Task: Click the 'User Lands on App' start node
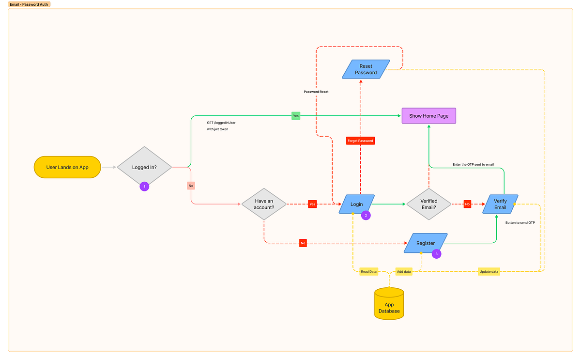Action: click(67, 167)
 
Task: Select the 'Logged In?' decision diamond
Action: click(144, 167)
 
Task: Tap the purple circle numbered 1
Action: click(144, 187)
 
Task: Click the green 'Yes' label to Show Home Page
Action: click(295, 116)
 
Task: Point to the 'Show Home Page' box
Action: click(428, 116)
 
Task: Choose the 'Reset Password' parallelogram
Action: click(366, 69)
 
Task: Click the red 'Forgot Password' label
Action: click(360, 141)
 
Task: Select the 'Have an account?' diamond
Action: click(264, 204)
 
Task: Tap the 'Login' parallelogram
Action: click(357, 204)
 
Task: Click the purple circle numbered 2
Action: click(366, 215)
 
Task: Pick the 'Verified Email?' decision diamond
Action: click(428, 204)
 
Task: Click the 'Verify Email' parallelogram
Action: click(500, 204)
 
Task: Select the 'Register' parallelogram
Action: click(426, 243)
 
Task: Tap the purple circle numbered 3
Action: click(436, 253)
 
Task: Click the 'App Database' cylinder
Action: click(389, 304)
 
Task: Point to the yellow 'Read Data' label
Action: click(368, 272)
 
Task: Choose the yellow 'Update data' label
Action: click(489, 272)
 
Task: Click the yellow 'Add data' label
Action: click(403, 272)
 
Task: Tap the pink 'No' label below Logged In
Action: click(191, 186)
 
